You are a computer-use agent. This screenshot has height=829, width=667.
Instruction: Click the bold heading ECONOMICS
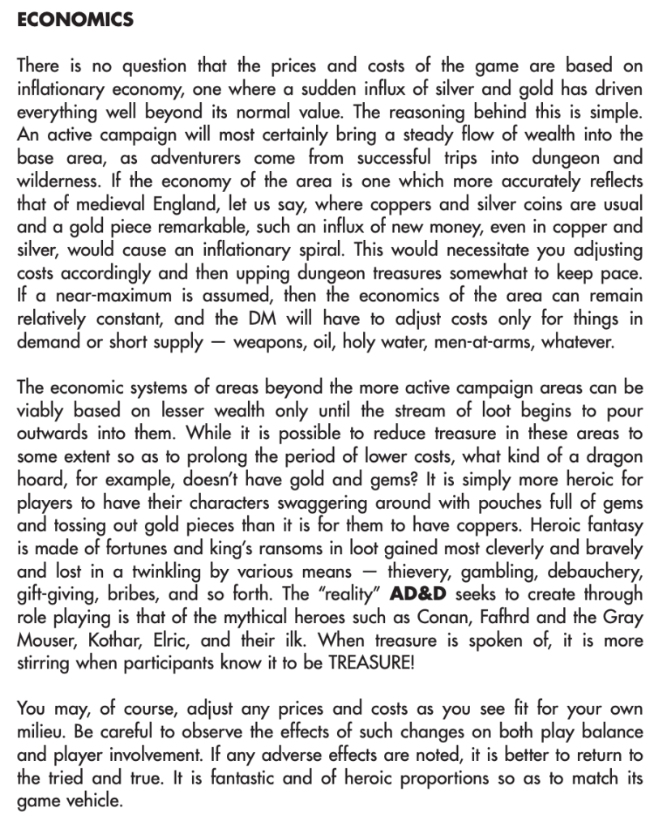(x=75, y=20)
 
